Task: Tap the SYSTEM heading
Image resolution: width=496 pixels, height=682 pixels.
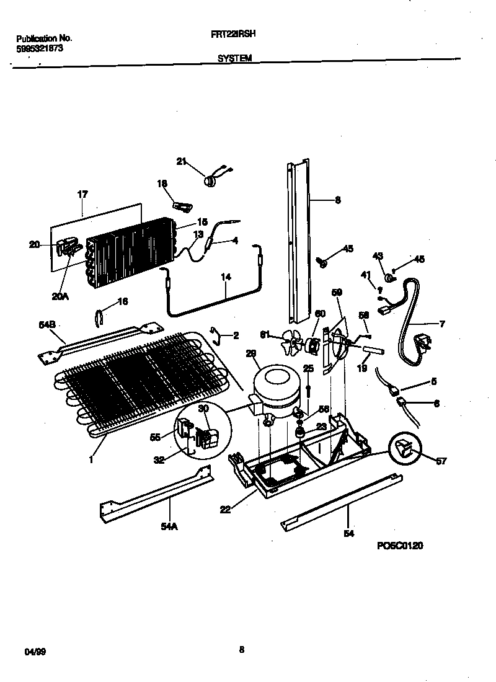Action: pos(234,59)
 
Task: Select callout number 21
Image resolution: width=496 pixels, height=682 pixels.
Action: pos(181,162)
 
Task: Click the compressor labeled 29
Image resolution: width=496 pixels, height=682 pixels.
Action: pos(273,391)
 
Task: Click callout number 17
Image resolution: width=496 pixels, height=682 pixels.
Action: pos(82,195)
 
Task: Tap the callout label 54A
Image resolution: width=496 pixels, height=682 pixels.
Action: pos(169,526)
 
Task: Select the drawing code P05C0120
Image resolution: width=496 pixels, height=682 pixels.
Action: pos(400,546)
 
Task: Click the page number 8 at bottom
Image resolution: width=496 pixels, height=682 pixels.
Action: pos(242,650)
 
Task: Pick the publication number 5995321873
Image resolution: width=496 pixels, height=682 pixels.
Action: pos(40,48)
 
